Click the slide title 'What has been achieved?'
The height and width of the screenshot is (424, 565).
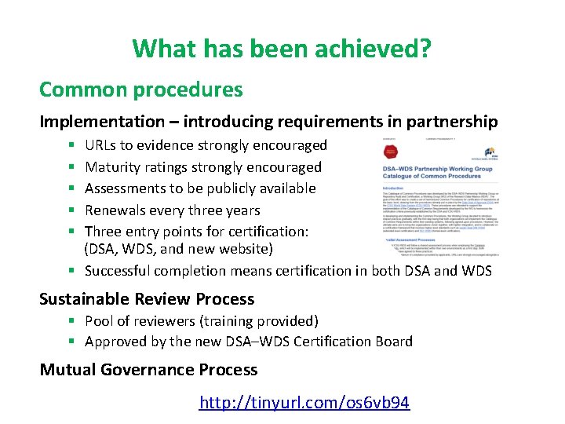(282, 49)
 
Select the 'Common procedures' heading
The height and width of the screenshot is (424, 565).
(141, 90)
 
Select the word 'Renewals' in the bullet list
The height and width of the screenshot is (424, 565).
(115, 210)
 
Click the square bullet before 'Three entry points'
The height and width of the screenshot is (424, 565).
(71, 232)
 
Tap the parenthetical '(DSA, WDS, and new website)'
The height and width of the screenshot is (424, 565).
(178, 250)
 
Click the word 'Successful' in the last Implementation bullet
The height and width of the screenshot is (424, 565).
(118, 271)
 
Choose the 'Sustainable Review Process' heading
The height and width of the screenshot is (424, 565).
(147, 299)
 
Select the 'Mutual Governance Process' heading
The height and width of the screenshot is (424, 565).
(148, 370)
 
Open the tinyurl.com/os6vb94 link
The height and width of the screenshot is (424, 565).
(304, 403)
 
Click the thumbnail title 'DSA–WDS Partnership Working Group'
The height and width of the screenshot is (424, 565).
(437, 168)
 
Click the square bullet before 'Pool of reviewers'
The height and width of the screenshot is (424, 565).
(71, 321)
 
